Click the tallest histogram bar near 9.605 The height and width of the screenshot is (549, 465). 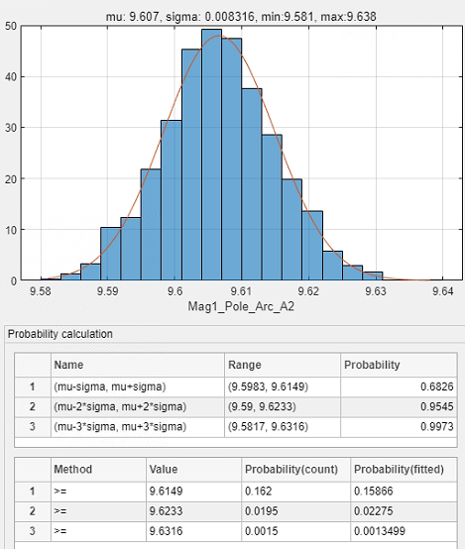(211, 155)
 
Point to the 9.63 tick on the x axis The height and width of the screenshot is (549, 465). (376, 291)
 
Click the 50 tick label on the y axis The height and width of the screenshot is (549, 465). (11, 26)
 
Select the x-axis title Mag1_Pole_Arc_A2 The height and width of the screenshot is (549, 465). (241, 306)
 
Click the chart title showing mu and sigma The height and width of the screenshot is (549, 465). (241, 16)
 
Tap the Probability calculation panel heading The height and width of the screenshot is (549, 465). (60, 334)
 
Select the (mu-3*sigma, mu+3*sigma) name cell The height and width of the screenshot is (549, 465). (120, 427)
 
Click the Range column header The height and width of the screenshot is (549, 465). (245, 365)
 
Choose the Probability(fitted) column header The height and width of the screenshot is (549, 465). (399, 469)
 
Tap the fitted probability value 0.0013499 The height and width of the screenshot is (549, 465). (380, 531)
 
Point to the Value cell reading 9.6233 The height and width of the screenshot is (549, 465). (167, 511)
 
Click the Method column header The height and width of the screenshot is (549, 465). (73, 469)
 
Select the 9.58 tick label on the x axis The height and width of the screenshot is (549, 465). (41, 291)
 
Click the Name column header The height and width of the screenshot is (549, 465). (68, 365)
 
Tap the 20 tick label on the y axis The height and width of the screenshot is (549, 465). (11, 179)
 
